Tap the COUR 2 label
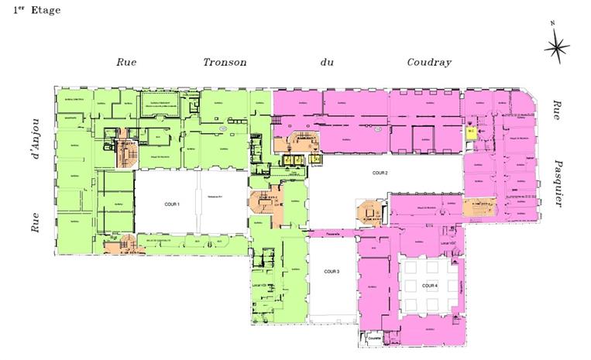(379, 173)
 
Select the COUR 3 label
(333, 272)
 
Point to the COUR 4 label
(430, 286)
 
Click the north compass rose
(556, 48)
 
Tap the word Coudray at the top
(429, 63)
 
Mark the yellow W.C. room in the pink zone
(471, 132)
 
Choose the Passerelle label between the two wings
(333, 231)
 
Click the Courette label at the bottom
(373, 338)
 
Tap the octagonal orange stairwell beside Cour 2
(366, 211)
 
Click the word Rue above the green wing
(126, 63)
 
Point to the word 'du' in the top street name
(326, 63)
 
